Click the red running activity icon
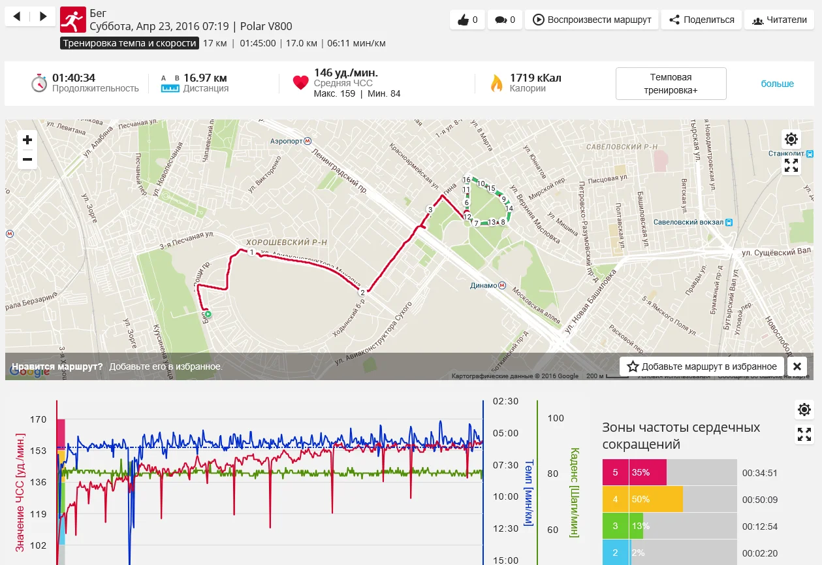point(72,20)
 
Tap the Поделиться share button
point(701,20)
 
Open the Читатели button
point(779,20)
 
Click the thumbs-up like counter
point(467,20)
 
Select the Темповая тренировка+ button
point(671,84)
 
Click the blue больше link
point(777,84)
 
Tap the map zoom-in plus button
point(27,140)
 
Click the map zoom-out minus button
point(27,159)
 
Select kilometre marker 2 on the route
point(362,293)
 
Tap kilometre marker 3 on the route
point(430,210)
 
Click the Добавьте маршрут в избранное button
point(702,366)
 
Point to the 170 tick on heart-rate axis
point(38,419)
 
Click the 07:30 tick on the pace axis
point(505,465)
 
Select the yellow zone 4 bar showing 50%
point(656,499)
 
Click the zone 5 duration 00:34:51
point(759,473)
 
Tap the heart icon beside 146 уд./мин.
point(300,83)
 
